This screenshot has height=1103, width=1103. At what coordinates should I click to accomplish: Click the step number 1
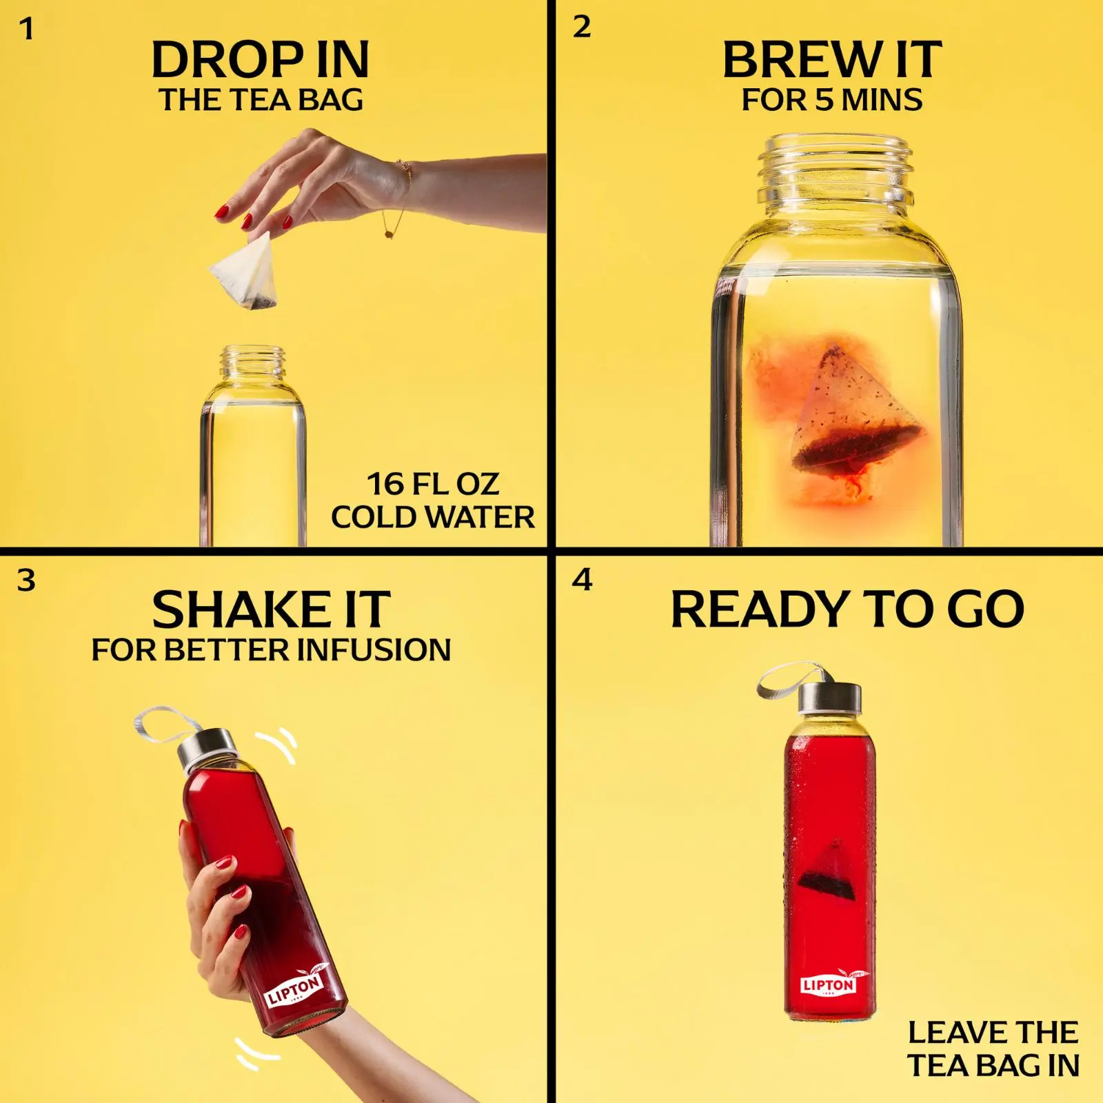(26, 30)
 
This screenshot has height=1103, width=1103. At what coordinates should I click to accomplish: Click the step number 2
(582, 27)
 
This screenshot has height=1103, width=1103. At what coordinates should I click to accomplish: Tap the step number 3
(26, 580)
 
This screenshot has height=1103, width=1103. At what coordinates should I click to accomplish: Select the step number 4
(583, 580)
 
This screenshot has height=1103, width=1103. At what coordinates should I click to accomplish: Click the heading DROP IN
(261, 60)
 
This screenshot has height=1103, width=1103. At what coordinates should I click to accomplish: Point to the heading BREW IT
(832, 60)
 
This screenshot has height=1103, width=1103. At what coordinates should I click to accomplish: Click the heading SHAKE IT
(271, 610)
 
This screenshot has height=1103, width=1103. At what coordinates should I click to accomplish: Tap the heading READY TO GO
(847, 609)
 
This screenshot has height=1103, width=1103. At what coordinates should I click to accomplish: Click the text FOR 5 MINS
(832, 100)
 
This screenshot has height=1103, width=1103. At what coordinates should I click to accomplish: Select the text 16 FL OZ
(432, 484)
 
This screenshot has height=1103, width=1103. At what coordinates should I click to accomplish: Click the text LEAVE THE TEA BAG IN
(993, 1049)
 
